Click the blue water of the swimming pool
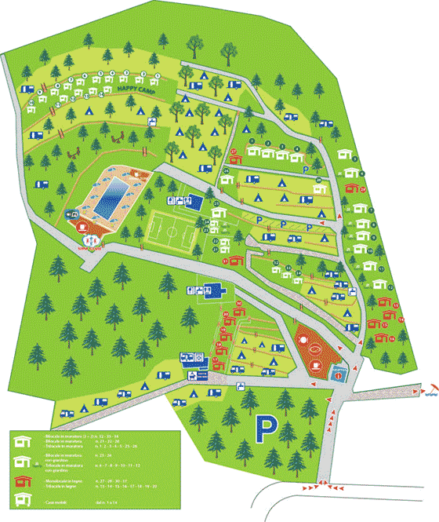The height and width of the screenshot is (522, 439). coord(114,192)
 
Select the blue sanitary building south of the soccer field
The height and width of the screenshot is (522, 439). coord(212,291)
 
